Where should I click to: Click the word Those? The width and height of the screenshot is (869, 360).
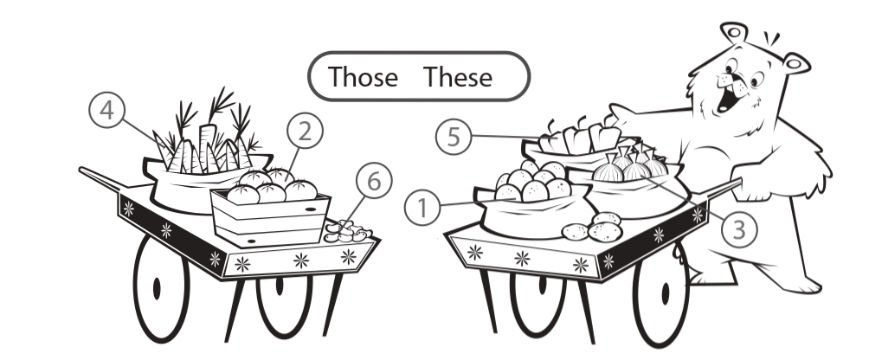click(363, 76)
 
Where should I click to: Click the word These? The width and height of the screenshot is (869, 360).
click(458, 76)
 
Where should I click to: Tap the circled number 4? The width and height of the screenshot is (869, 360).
click(106, 110)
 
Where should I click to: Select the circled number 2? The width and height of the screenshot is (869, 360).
click(305, 131)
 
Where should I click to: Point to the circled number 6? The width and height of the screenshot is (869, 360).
click(374, 181)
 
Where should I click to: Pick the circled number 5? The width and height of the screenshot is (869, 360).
click(454, 137)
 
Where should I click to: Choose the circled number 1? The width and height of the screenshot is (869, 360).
click(422, 208)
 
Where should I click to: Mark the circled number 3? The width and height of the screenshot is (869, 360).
click(739, 229)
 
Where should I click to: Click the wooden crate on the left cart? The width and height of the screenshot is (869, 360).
click(270, 218)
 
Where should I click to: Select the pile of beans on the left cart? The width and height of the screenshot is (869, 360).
click(347, 231)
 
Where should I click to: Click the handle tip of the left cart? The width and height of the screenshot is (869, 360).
click(81, 170)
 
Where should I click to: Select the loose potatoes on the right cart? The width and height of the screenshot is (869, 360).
click(592, 227)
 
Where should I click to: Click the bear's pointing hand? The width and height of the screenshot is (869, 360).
click(621, 113)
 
